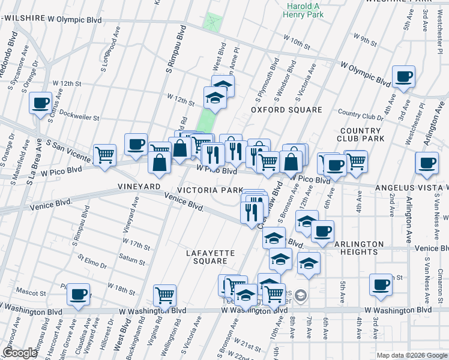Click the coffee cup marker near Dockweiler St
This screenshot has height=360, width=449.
pos(41,103)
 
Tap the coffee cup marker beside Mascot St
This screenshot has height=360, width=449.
pos(78,295)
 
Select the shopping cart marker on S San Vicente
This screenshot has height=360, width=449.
pos(105,155)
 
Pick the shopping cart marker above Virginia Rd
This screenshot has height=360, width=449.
pos(164,295)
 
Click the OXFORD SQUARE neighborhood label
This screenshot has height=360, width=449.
pos(286,110)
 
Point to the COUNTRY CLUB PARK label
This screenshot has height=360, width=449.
pos(360,135)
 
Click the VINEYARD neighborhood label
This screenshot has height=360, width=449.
pos(139,187)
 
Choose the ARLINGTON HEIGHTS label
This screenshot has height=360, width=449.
pos(359,248)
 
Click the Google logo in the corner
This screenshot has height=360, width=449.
pos(19,353)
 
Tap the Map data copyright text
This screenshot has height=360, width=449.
pos(412,355)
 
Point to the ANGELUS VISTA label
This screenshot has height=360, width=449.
pos(411,188)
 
